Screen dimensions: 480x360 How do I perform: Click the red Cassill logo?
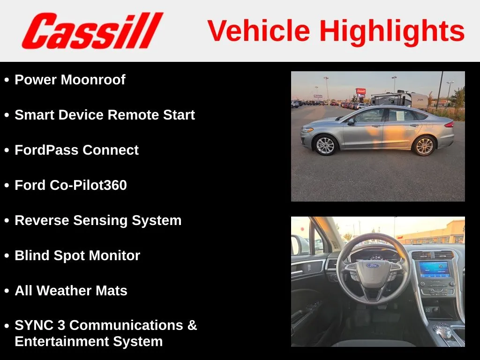(x=92, y=30)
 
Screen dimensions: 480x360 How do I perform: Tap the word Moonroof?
(x=93, y=80)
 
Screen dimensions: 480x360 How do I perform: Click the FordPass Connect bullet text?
(x=76, y=150)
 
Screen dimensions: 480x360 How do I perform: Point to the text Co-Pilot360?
(x=88, y=185)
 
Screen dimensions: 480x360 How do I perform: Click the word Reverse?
(x=42, y=220)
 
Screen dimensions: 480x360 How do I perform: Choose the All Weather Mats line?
(x=71, y=291)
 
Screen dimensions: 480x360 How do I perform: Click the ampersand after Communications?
(x=192, y=325)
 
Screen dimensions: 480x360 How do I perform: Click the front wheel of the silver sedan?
(x=325, y=145)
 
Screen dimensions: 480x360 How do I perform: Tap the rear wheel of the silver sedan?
(x=424, y=146)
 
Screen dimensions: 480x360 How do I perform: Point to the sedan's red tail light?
(x=450, y=124)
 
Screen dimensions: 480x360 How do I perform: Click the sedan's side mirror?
(x=351, y=121)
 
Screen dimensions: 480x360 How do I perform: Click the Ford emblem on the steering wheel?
(x=373, y=265)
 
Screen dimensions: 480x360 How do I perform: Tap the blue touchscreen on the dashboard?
(x=435, y=270)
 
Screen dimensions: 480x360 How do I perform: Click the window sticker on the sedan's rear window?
(x=401, y=116)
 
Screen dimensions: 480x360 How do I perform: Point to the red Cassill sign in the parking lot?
(x=360, y=91)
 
